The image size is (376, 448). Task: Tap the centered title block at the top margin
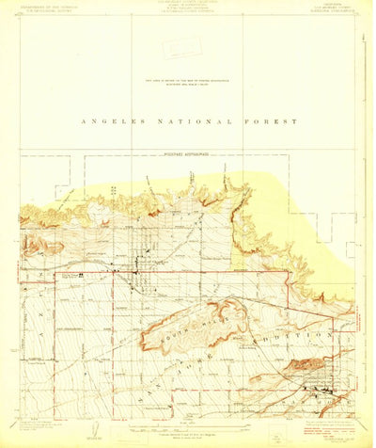[187, 9]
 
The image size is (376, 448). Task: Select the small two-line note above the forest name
[192, 83]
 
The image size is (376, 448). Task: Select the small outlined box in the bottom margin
[274, 435]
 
